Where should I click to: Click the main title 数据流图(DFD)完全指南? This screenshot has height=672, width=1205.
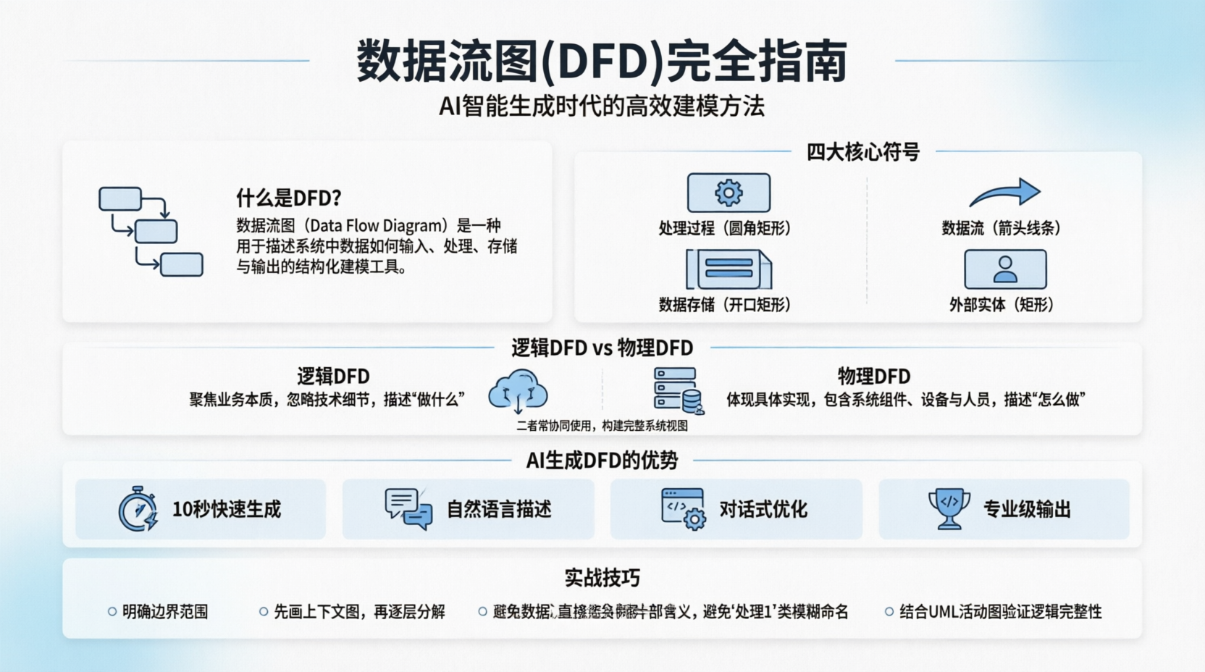point(602,61)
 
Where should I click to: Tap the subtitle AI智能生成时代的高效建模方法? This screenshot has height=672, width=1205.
point(602,106)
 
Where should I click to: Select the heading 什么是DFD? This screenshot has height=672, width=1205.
point(288,198)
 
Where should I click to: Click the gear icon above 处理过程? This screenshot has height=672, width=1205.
point(729,193)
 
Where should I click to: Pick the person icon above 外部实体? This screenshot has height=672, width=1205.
point(1005,269)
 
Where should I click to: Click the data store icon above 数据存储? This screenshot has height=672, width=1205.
point(729,269)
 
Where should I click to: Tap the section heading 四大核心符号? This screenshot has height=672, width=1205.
point(862,152)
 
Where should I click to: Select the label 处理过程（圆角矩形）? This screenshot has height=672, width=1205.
point(724,228)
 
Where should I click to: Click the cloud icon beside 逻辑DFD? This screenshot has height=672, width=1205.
point(518,391)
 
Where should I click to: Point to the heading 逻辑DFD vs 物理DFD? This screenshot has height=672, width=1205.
point(602,348)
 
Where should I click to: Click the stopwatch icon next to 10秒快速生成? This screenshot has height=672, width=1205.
point(138,509)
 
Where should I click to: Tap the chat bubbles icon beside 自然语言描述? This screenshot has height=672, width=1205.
point(408,508)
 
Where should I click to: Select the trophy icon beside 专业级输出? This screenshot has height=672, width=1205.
point(949,508)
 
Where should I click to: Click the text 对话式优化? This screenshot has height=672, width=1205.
point(763,509)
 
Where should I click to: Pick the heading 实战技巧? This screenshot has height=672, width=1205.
point(602,578)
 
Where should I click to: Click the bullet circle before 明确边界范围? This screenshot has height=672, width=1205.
point(112,612)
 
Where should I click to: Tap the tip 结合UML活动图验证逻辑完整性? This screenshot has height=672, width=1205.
point(1000,612)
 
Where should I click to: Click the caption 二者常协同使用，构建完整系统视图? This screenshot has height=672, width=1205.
point(602,426)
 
